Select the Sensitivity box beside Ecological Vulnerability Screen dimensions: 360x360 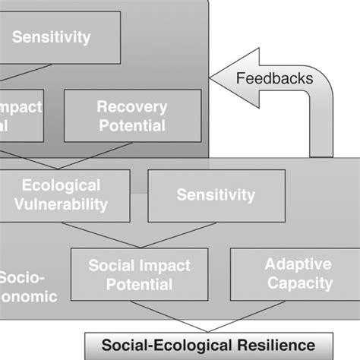coord(216,195)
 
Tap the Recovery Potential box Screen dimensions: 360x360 coord(131,115)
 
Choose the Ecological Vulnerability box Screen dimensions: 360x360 coord(61,195)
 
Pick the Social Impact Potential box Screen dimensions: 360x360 coord(141,275)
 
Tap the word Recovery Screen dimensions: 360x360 coord(131,106)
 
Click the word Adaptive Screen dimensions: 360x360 coord(298,264)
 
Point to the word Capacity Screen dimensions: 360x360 coord(298,283)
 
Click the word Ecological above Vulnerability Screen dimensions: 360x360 coord(61,185)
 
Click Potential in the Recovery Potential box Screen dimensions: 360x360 coord(131,125)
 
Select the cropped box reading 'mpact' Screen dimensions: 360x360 coord(21,115)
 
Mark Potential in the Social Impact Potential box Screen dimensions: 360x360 coord(141,285)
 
